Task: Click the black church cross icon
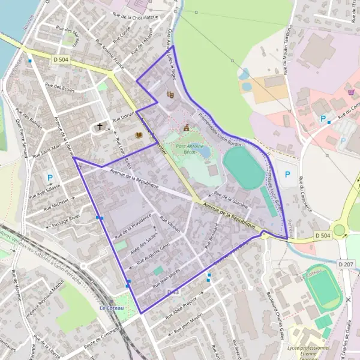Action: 100,127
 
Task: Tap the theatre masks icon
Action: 170,94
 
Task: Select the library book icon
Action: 139,136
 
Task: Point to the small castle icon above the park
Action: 187,127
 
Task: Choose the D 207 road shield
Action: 345,263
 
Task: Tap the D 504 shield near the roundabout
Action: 323,238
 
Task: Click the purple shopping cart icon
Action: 351,92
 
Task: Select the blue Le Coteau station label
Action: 111,308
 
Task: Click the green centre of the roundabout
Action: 340,230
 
